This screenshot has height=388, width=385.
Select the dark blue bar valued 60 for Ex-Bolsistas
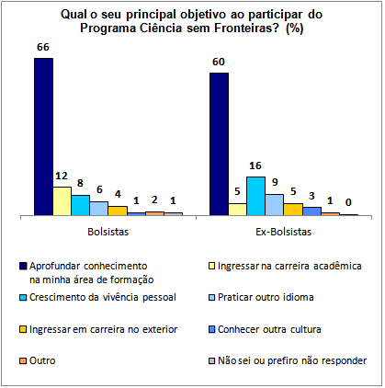(x=219, y=143)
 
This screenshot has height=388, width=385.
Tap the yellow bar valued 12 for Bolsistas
(x=62, y=200)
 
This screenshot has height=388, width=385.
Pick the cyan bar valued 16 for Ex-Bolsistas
(x=255, y=196)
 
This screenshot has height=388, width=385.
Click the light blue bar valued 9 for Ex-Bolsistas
(x=274, y=204)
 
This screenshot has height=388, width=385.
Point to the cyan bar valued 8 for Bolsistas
(x=80, y=205)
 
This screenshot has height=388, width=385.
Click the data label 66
(x=42, y=47)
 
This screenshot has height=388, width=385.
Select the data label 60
(x=219, y=62)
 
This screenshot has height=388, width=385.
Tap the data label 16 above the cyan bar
(x=255, y=165)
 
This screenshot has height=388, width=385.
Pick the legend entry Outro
(x=43, y=360)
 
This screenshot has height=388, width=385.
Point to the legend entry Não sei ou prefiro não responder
(x=290, y=360)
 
